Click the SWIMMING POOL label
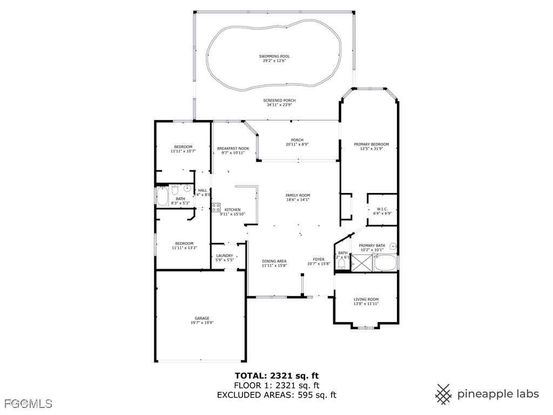click(x=274, y=56)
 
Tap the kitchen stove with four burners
click(x=215, y=208)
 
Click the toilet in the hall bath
click(x=175, y=190)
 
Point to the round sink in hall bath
click(x=187, y=189)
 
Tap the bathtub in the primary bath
click(x=385, y=264)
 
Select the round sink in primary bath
click(x=393, y=246)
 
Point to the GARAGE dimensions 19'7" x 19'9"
click(x=202, y=323)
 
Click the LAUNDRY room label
click(x=225, y=256)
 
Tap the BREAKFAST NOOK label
click(x=233, y=148)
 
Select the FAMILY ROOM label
click(x=298, y=195)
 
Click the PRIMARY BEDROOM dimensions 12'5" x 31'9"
click(x=371, y=149)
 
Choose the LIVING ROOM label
click(x=366, y=299)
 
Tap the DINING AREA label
click(x=274, y=261)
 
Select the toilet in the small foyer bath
click(x=341, y=264)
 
